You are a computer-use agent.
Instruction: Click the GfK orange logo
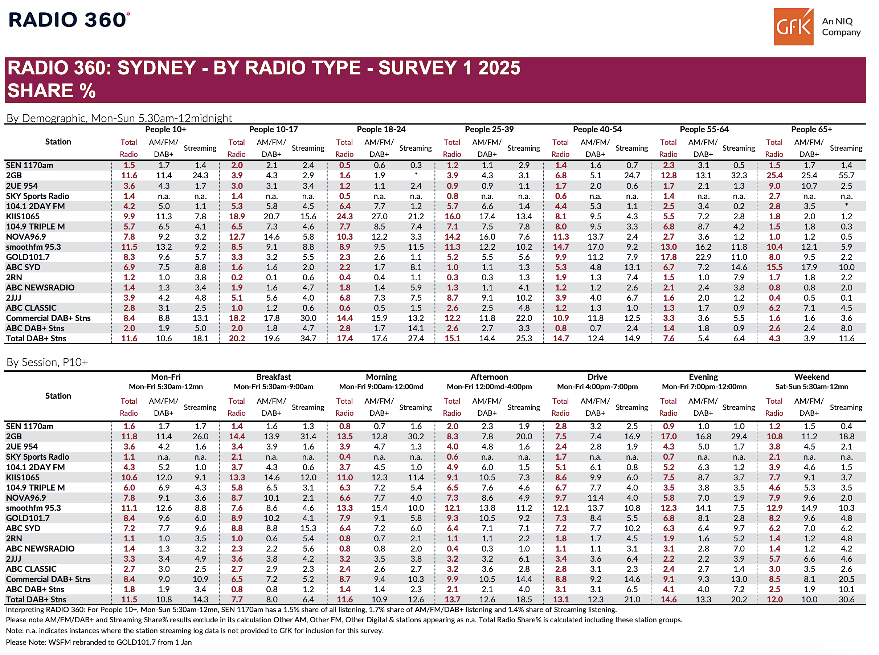(x=793, y=27)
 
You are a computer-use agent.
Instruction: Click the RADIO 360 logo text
(x=69, y=20)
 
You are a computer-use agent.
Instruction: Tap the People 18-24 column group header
(x=381, y=129)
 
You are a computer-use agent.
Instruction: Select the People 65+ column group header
(x=811, y=129)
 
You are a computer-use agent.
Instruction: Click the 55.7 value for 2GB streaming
(x=846, y=175)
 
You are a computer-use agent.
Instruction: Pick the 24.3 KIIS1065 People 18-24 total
(x=344, y=216)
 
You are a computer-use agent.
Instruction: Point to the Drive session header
(x=597, y=377)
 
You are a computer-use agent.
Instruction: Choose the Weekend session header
(x=811, y=377)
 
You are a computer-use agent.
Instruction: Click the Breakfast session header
(x=273, y=377)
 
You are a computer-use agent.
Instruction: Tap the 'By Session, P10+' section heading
(x=47, y=362)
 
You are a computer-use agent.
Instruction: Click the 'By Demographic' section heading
(x=119, y=118)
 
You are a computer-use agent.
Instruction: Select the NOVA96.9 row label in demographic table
(x=26, y=237)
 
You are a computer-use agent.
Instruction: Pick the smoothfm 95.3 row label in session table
(x=33, y=508)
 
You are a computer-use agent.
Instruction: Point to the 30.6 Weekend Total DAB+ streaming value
(x=846, y=599)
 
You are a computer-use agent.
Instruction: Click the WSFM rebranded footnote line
(x=99, y=642)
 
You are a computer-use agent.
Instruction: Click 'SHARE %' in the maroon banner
(x=52, y=90)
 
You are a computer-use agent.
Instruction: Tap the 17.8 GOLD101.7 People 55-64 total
(x=668, y=257)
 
